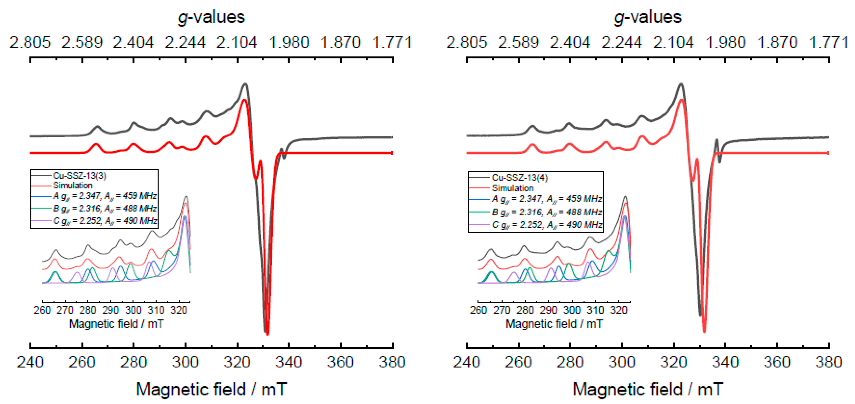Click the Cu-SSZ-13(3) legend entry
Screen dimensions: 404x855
79,176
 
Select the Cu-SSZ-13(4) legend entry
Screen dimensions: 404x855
520,177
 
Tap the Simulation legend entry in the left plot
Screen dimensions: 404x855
73,185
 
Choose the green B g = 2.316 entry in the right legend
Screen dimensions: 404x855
547,212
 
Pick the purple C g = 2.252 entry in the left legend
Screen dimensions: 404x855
105,221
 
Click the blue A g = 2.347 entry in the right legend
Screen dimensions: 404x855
547,199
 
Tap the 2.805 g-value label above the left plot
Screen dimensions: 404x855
30,42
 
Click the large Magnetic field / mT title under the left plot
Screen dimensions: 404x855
211,389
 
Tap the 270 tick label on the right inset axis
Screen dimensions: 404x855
501,310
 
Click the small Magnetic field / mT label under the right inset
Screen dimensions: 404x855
554,324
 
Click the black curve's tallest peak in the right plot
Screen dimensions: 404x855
681,84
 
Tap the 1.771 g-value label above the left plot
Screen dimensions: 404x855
392,42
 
